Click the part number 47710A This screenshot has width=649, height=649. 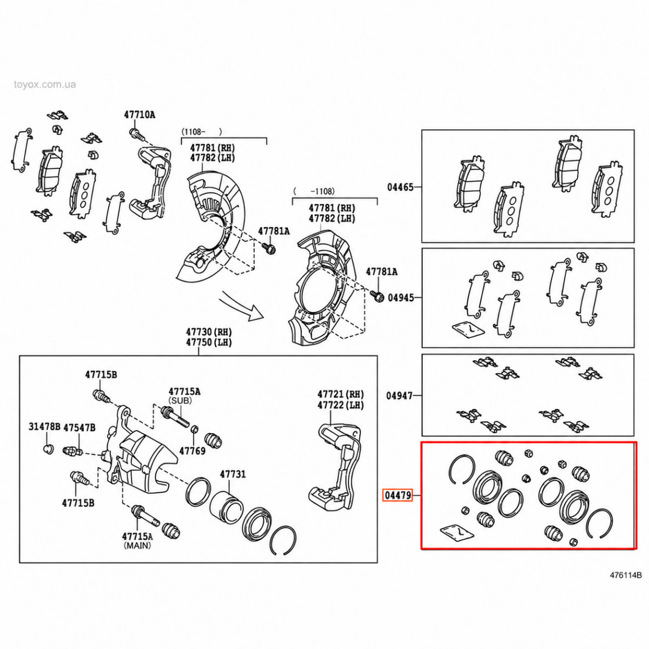coord(140,115)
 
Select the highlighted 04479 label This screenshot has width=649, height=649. coord(398,495)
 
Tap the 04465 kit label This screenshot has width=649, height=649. coord(400,187)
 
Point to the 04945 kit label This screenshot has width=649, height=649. coord(401,297)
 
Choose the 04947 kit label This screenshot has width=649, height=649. coord(399,396)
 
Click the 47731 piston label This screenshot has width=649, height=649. coord(233,474)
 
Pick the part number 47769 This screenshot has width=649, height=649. coord(192,451)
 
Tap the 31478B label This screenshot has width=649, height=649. coord(44,427)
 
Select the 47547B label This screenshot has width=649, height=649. coord(80,427)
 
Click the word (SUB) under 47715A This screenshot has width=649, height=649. coord(181,401)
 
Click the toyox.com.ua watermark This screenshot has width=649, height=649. coord(45,84)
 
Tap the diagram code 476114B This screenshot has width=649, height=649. coord(625,575)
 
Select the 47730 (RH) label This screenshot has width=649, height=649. coord(209,332)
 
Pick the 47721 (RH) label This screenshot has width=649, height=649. coord(341,394)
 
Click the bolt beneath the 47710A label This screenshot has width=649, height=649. coord(136,134)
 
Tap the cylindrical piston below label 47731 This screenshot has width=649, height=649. coord(226,508)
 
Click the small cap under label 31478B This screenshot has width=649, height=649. coord(49,449)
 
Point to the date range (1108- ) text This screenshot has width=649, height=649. coord(202,131)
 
